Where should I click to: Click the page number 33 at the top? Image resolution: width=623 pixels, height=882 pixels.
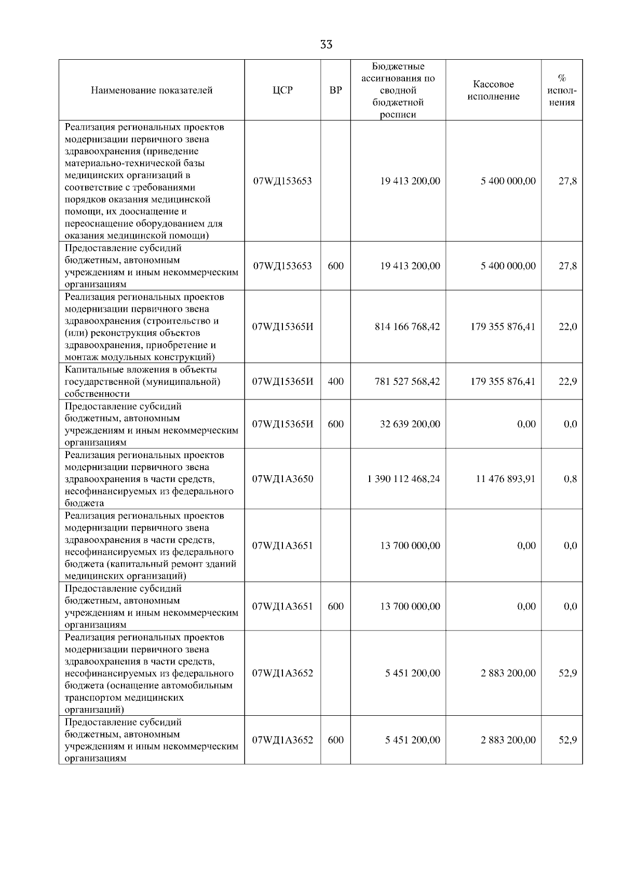tap(326, 45)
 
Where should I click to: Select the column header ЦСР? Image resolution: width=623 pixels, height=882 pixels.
tap(282, 90)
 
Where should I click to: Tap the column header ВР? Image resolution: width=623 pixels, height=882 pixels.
tap(335, 90)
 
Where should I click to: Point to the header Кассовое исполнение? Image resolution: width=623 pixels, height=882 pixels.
tap(493, 90)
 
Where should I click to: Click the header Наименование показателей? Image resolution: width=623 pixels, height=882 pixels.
tap(152, 90)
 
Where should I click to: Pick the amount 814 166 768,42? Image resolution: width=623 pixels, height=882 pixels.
tap(407, 327)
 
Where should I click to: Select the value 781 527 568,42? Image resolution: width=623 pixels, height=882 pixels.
tap(407, 381)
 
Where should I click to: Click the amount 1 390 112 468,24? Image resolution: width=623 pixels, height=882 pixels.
tap(403, 479)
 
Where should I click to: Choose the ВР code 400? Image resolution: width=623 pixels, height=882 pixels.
tap(335, 381)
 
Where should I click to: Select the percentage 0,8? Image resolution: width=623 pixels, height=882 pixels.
tap(570, 479)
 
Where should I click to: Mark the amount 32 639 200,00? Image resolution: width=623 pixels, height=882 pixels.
tap(410, 424)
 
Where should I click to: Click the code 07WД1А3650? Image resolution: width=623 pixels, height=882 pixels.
tap(282, 479)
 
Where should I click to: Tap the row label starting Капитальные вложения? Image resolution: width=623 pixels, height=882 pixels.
tap(141, 381)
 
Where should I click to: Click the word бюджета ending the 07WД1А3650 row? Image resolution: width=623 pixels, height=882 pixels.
tap(84, 503)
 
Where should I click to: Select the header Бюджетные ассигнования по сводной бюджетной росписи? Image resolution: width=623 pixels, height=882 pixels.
tap(398, 90)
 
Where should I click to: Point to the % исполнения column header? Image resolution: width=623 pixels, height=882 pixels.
tap(562, 90)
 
